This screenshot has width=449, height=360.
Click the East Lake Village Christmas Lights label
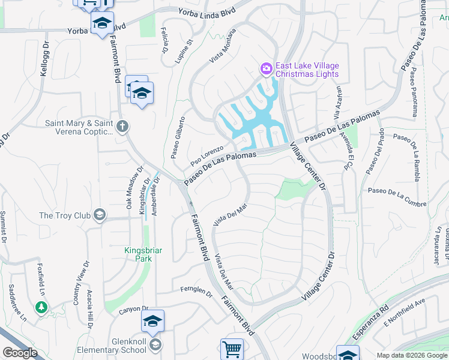tap(307, 70)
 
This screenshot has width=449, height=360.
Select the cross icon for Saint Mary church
tap(122, 127)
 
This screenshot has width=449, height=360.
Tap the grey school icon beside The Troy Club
tap(100, 215)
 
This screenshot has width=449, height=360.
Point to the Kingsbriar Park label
tap(138, 254)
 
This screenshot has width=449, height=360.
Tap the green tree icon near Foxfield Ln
tap(41, 307)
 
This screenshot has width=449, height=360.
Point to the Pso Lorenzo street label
tap(206, 155)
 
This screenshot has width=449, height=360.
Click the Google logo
tap(20, 353)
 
